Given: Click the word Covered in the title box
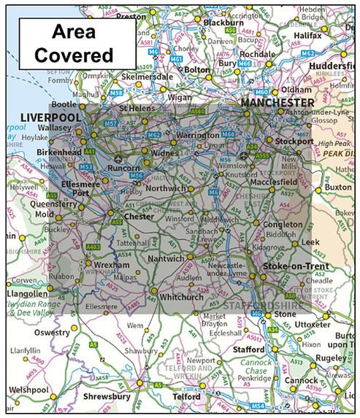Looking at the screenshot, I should coord(81,55).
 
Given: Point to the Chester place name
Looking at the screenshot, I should coord(139,217).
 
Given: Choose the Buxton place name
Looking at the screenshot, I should coord(338,187).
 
